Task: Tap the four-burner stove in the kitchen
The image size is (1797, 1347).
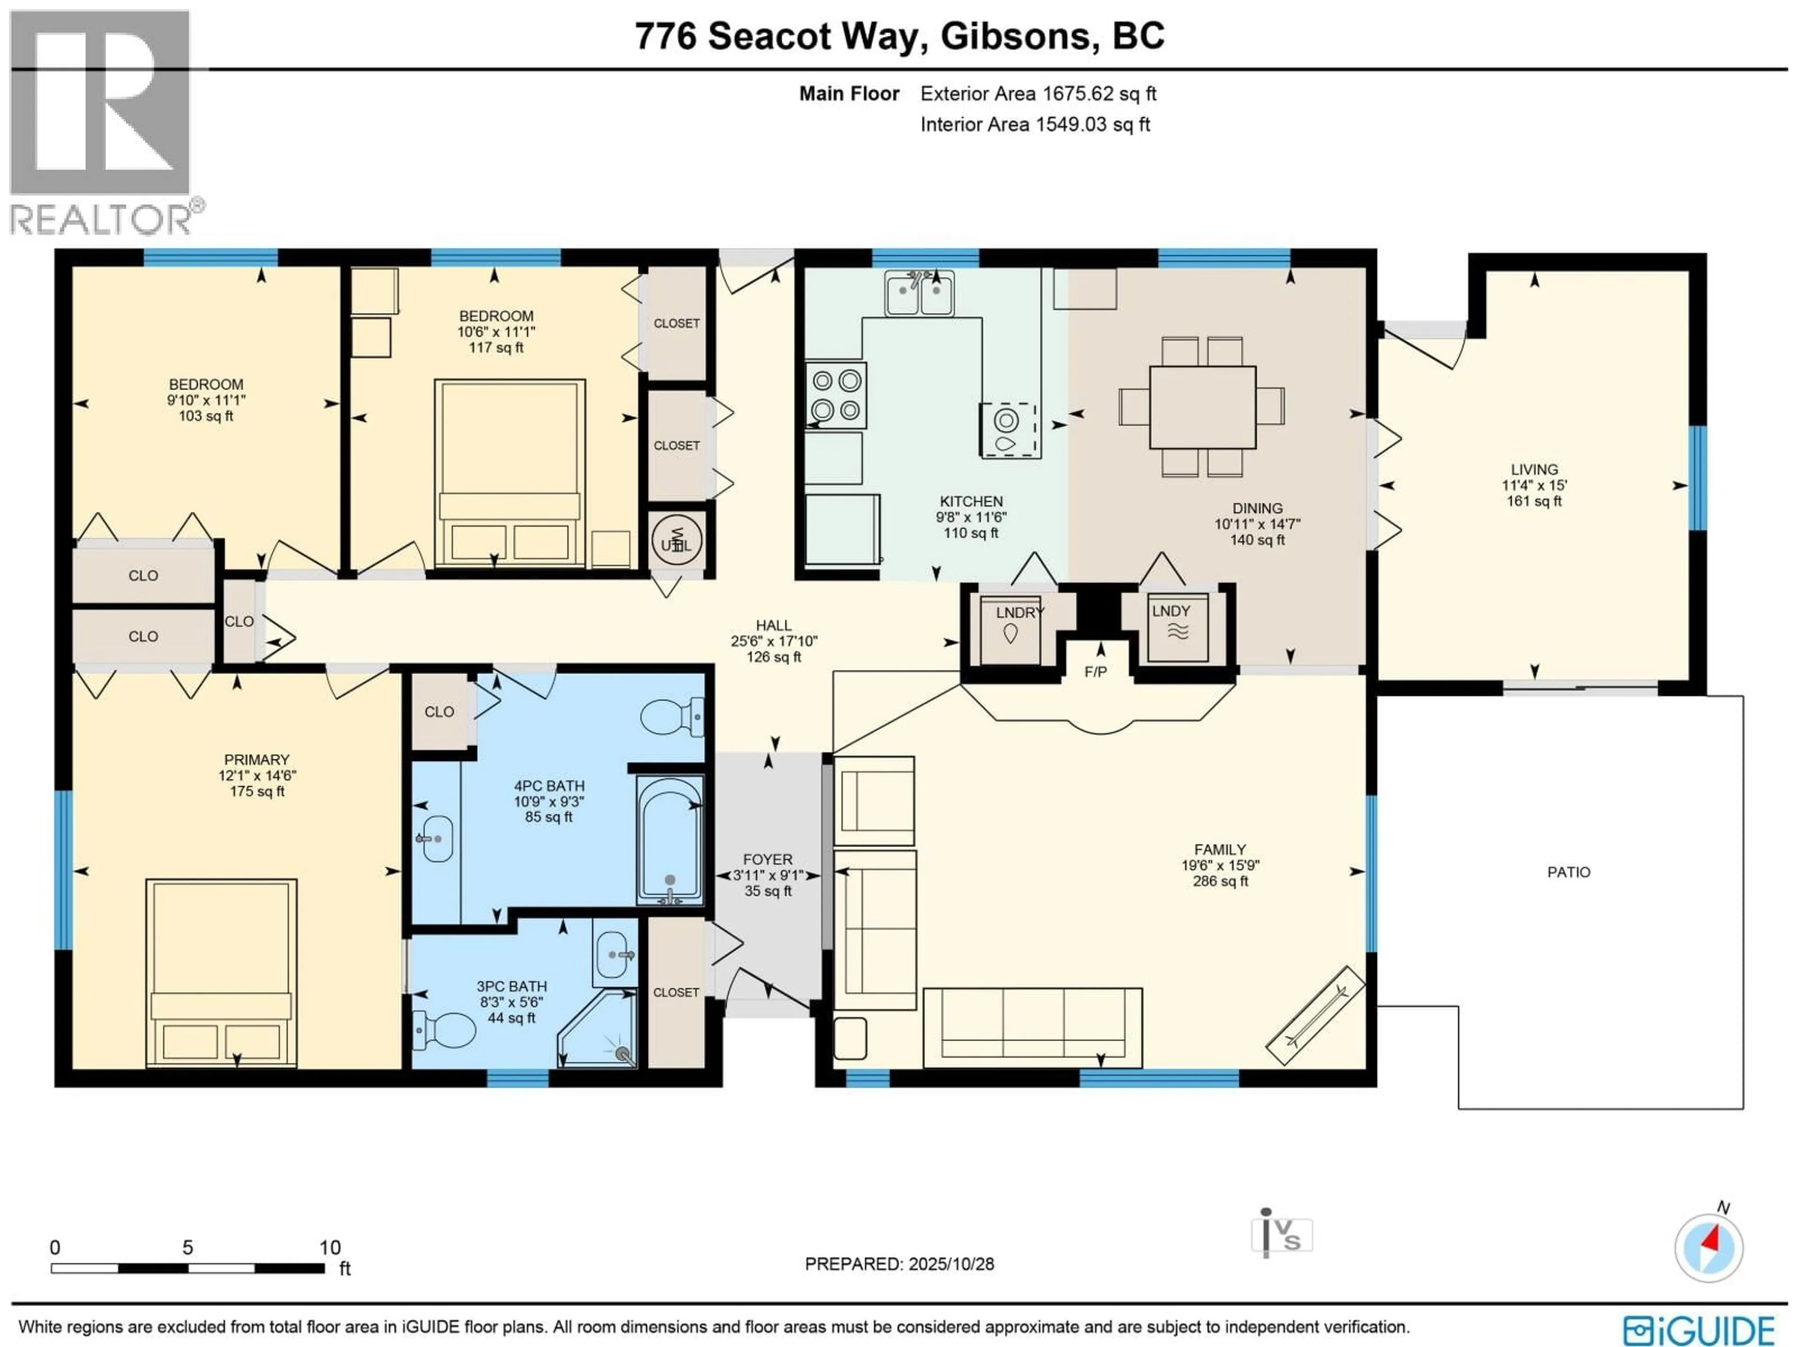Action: pyautogui.click(x=836, y=395)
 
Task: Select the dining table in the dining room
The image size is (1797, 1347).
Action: pyautogui.click(x=1202, y=407)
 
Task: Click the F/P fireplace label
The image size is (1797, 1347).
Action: pyautogui.click(x=1095, y=672)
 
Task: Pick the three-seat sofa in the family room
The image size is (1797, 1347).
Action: pyautogui.click(x=1032, y=1027)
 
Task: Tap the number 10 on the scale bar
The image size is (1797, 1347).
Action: pyautogui.click(x=330, y=1247)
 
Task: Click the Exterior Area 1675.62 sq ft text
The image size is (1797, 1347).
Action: pyautogui.click(x=1037, y=94)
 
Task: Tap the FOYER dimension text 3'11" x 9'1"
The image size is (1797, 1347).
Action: pyautogui.click(x=768, y=875)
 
